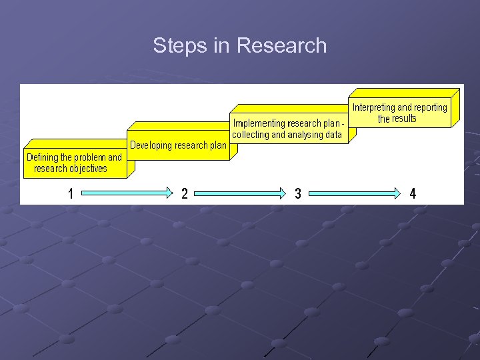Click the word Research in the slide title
click(282, 45)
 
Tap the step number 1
click(71, 194)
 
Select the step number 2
click(185, 194)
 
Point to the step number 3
click(298, 194)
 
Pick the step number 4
click(413, 194)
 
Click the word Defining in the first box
click(42, 158)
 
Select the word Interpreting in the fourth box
click(374, 107)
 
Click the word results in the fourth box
click(405, 119)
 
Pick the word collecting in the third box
click(249, 135)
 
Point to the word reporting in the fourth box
click(431, 107)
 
